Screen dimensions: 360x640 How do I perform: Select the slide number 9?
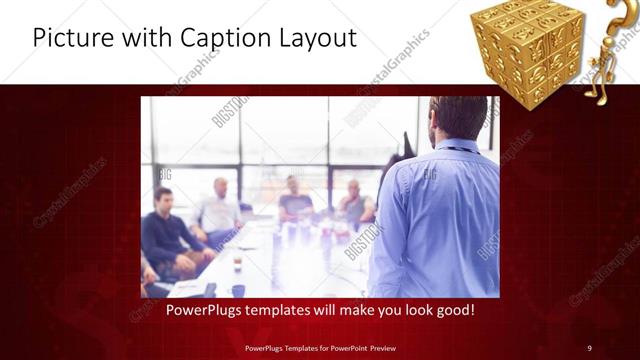point(589,347)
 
